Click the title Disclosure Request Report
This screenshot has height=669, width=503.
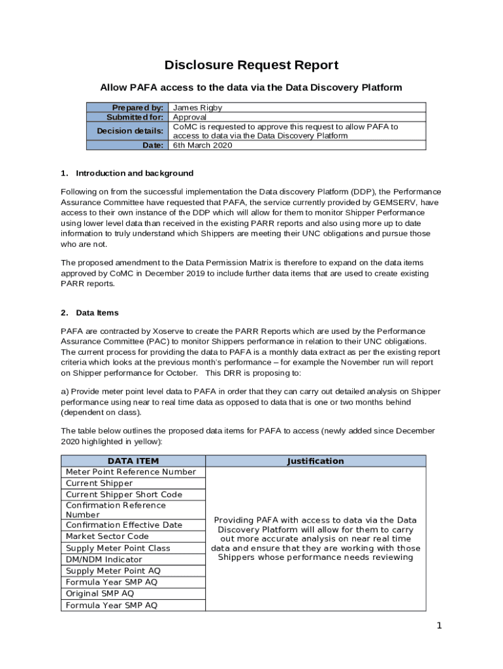(251, 65)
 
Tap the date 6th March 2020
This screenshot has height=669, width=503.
(202, 145)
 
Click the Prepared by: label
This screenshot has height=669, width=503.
(137, 108)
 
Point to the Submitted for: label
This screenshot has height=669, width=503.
(135, 117)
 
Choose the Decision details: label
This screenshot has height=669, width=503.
(130, 131)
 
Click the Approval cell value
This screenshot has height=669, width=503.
(189, 117)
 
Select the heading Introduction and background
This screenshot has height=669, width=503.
(135, 173)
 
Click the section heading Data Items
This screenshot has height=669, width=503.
(97, 313)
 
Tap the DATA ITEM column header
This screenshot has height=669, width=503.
(133, 461)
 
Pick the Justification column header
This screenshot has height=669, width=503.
(315, 461)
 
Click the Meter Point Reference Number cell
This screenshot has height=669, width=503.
(131, 472)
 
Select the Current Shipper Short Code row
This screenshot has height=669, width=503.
(124, 495)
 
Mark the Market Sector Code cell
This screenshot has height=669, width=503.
(107, 536)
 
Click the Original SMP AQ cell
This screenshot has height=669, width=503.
(100, 593)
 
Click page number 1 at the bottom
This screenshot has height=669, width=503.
(440, 626)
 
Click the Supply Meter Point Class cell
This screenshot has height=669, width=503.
(118, 548)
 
